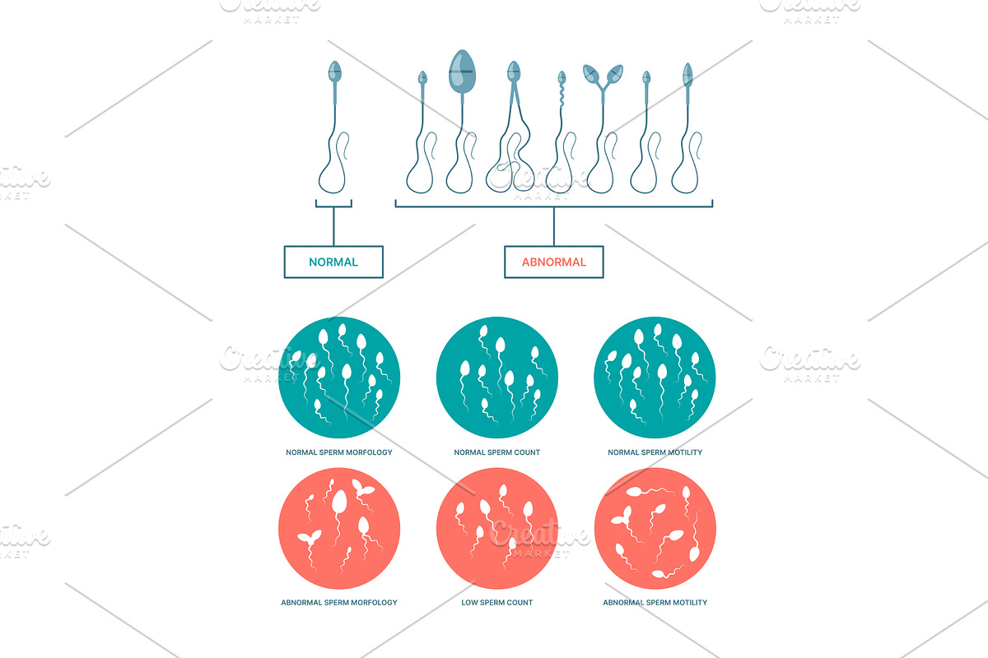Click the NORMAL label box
coord(333,262)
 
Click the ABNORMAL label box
coord(554,262)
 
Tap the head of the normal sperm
coord(334,71)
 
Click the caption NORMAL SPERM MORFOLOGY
coord(339,452)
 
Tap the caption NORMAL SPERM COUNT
coord(497,452)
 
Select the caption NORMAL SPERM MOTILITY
coord(655,452)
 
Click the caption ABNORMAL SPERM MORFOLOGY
coord(339,602)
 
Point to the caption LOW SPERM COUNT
coord(497,602)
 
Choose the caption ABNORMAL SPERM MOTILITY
coord(655,602)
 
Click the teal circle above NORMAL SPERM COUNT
coord(497,377)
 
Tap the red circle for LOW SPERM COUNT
coord(497,528)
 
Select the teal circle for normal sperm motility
coord(655,377)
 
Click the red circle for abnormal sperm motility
coord(655,528)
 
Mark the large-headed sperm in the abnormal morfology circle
coord(339,503)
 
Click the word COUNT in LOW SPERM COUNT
coord(520,602)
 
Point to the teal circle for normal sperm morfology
coord(339,377)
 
